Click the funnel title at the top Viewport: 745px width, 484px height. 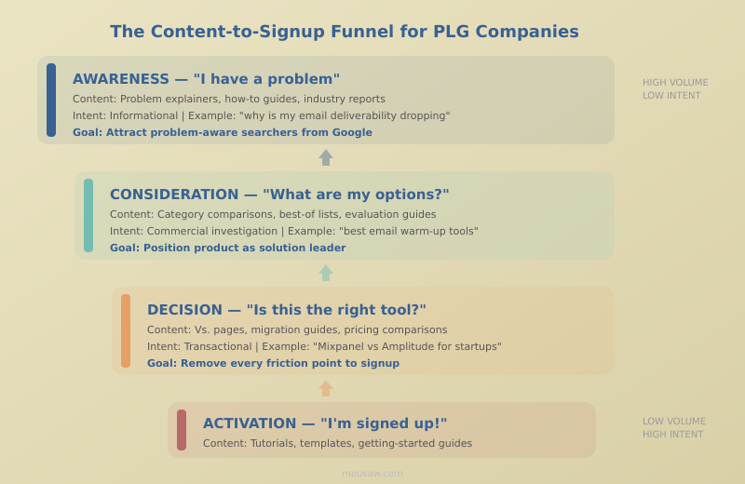pos(345,32)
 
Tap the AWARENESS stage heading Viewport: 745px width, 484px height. pos(206,79)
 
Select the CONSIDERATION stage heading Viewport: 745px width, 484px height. pos(279,195)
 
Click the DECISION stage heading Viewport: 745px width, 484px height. pos(287,310)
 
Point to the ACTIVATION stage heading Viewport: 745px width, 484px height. pos(325,423)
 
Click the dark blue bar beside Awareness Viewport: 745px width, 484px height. pos(51,100)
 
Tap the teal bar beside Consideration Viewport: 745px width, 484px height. pos(88,215)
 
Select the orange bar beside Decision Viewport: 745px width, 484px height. pos(126,330)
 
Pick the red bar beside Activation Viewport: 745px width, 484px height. pos(182,430)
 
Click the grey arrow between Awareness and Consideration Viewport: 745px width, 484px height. pos(326,157)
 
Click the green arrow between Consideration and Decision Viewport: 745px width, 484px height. pos(326,273)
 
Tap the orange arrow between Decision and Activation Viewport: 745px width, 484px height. pos(326,388)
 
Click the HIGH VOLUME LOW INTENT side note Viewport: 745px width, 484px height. pos(674,89)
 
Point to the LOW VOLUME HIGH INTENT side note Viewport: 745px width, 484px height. pos(673,428)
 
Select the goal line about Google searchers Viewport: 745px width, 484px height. pos(223,133)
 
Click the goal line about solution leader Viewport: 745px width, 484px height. pos(227,249)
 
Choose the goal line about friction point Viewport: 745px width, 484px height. pos(273,364)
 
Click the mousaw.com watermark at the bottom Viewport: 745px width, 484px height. pos(372,474)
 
